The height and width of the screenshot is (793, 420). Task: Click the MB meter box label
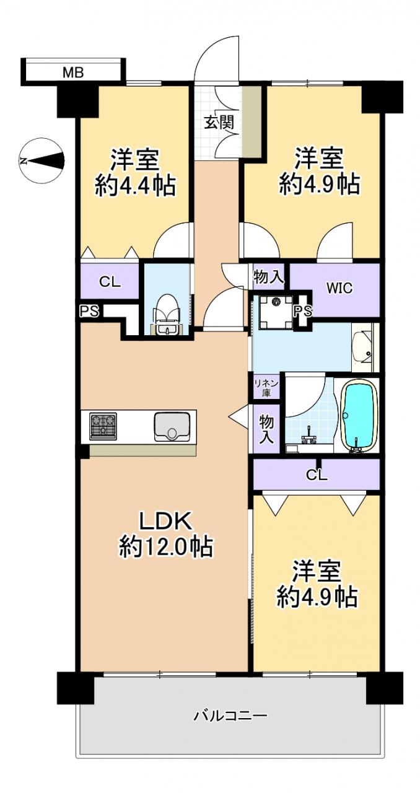pos(73,72)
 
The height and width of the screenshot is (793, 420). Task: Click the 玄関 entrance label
pos(219,123)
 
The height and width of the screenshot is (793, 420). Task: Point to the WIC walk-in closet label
pos(339,288)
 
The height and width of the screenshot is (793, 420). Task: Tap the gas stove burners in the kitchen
pos(103,426)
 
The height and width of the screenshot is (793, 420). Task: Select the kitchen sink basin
pos(172,427)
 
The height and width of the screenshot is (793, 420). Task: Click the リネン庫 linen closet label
pos(266,388)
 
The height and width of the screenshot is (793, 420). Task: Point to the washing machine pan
pos(276,312)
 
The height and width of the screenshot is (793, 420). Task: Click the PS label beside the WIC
pos(304,311)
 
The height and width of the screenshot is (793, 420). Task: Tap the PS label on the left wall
pos(89,312)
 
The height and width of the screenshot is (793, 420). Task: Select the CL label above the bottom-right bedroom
pos(317,475)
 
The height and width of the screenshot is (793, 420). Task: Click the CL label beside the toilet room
pos(110,282)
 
